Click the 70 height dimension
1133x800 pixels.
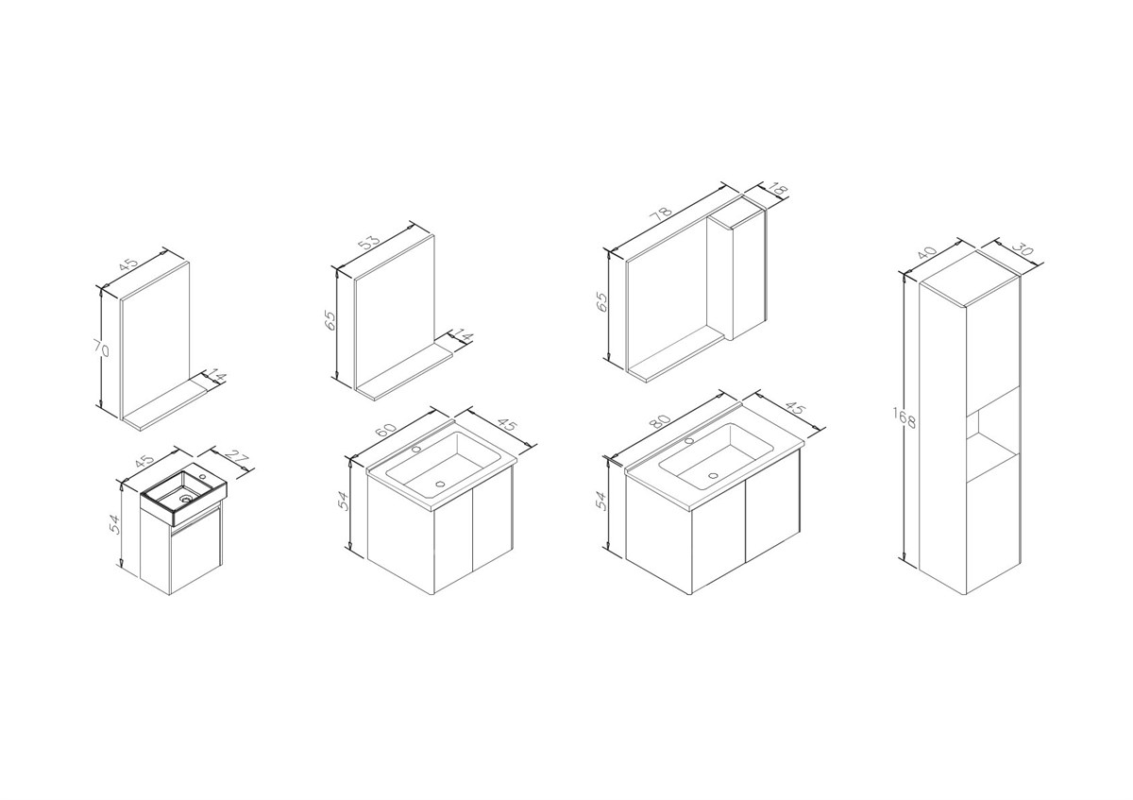pyautogui.click(x=102, y=349)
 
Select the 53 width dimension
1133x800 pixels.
pyautogui.click(x=369, y=243)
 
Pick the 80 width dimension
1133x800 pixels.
pyautogui.click(x=661, y=422)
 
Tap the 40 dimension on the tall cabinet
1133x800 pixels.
pyautogui.click(x=926, y=253)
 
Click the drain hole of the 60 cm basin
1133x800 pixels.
pyautogui.click(x=440, y=485)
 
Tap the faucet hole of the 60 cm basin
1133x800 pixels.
pyautogui.click(x=416, y=449)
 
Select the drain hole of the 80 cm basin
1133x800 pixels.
pyautogui.click(x=713, y=475)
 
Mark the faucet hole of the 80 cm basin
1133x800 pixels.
pyautogui.click(x=688, y=441)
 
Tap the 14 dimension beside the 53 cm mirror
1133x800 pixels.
pyautogui.click(x=463, y=337)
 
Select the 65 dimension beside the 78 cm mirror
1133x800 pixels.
pyautogui.click(x=603, y=301)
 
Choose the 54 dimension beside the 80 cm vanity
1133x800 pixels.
pyautogui.click(x=600, y=500)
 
